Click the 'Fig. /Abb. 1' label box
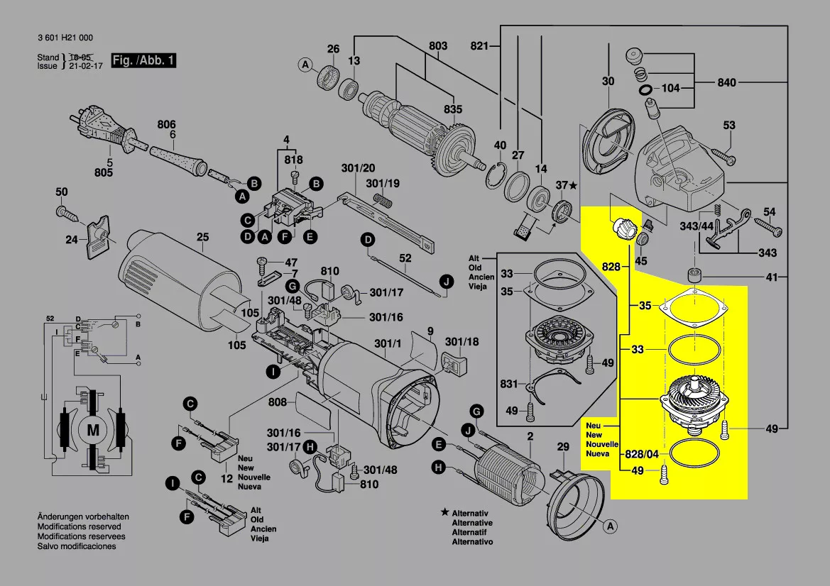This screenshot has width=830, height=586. click(143, 60)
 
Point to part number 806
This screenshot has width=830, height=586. click(166, 125)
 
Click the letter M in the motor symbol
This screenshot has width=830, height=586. click(93, 430)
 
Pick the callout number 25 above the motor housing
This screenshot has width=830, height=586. click(203, 237)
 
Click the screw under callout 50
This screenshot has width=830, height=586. click(67, 214)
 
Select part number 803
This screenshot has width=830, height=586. click(438, 46)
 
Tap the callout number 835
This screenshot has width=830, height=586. click(453, 109)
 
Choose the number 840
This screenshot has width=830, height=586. click(727, 82)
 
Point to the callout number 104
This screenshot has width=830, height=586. click(671, 88)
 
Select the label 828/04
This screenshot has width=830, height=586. click(642, 454)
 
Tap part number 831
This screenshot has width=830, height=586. click(509, 384)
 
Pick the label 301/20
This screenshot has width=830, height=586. click(358, 168)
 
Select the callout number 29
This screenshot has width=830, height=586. click(563, 447)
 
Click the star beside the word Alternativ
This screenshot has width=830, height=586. click(445, 513)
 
